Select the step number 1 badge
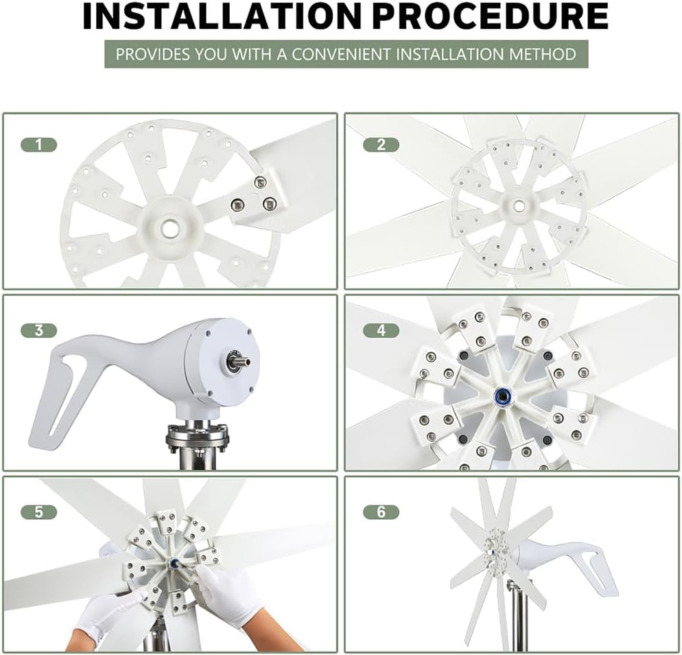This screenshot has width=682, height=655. tap(38, 144)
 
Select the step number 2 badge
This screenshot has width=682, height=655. tap(381, 144)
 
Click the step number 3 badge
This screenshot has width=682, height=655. tap(38, 330)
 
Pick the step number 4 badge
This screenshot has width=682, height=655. tap(381, 330)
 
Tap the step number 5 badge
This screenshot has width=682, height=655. tap(38, 512)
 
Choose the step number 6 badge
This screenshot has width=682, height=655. tap(381, 512)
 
